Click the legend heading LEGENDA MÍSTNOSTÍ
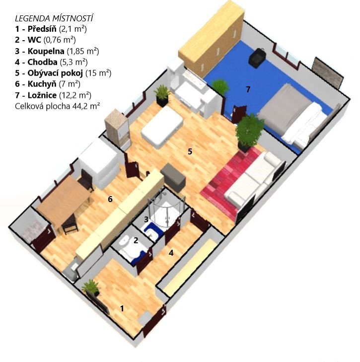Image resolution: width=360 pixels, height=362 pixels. (x=54, y=18)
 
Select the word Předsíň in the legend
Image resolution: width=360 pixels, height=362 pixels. (x=42, y=29)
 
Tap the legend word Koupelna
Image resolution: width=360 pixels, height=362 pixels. (x=46, y=51)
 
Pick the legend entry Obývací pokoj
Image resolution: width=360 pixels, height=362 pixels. (x=55, y=73)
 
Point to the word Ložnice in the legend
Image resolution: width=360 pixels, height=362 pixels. (x=42, y=95)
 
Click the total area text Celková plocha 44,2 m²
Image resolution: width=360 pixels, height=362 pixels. (x=57, y=106)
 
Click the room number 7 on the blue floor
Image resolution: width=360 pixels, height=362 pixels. (x=248, y=89)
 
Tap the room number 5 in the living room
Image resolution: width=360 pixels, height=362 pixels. (x=190, y=151)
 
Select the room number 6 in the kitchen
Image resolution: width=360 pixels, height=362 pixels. (x=110, y=199)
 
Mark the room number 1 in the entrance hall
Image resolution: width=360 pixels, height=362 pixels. (x=122, y=308)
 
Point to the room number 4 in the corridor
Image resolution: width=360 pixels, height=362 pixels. (x=171, y=253)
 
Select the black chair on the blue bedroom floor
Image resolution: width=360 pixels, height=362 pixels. (x=257, y=58)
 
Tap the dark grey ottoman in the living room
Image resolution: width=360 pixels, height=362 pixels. (x=173, y=177)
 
